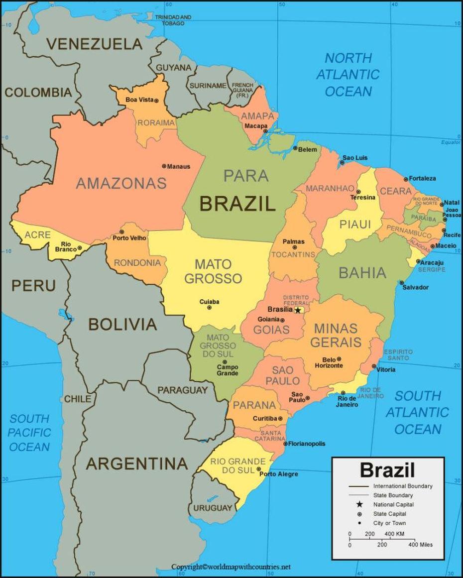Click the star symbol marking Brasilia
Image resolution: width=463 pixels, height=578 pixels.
pos(298,310)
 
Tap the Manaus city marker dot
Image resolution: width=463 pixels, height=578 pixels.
pos(164,166)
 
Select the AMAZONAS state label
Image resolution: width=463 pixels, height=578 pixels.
pos(121,183)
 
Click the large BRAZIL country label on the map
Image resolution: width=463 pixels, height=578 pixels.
pos(237,204)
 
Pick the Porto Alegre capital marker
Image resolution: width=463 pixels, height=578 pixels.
pos(259,469)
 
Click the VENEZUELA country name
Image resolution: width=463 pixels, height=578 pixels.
pos(94,44)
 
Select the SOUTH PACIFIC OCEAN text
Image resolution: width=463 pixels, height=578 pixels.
pos(30,433)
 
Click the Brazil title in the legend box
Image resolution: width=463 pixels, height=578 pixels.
pos(387,469)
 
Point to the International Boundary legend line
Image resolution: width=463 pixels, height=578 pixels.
pos(359,486)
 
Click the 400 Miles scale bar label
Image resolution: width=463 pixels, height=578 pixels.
pos(420,545)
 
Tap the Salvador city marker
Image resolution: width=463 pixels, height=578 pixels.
pos(402,283)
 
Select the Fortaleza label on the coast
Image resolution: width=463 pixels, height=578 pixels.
pos(423,178)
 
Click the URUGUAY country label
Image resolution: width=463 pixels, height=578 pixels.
pos(213,508)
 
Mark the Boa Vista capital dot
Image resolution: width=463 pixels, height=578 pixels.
pos(156,100)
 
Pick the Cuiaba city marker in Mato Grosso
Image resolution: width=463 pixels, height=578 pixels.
pos(209,308)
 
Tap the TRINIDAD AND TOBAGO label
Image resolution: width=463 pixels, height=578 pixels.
pos(173,20)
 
